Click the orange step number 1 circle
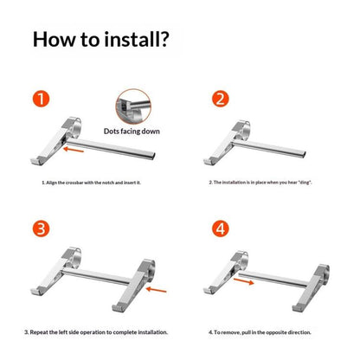click(x=41, y=99)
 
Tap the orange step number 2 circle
click(x=221, y=99)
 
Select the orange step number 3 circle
click(x=41, y=228)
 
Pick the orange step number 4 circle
click(x=221, y=228)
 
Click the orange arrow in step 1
click(x=74, y=150)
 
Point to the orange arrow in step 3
click(x=157, y=289)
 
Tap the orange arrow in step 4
click(x=244, y=281)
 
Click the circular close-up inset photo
click(x=133, y=106)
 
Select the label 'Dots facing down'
click(x=132, y=132)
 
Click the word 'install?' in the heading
click(x=137, y=39)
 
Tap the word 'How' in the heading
click(x=54, y=39)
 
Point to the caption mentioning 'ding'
click(x=260, y=183)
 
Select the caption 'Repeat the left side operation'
click(x=96, y=332)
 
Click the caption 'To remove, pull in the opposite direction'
click(x=260, y=332)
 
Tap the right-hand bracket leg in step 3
click(x=133, y=286)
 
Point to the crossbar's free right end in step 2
click(x=303, y=154)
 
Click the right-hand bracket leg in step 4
click(x=311, y=288)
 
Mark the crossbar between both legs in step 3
click(x=96, y=276)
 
